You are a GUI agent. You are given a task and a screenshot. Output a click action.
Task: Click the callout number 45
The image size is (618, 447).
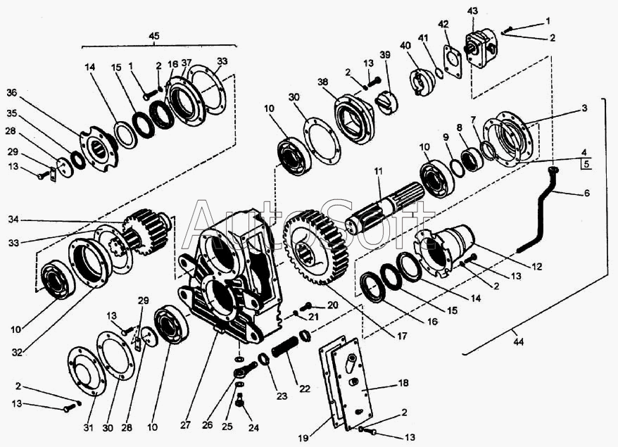click(153, 36)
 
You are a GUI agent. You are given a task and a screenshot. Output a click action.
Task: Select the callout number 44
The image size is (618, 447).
click(518, 341)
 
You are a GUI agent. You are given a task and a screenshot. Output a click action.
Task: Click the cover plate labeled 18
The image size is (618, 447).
click(350, 384)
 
